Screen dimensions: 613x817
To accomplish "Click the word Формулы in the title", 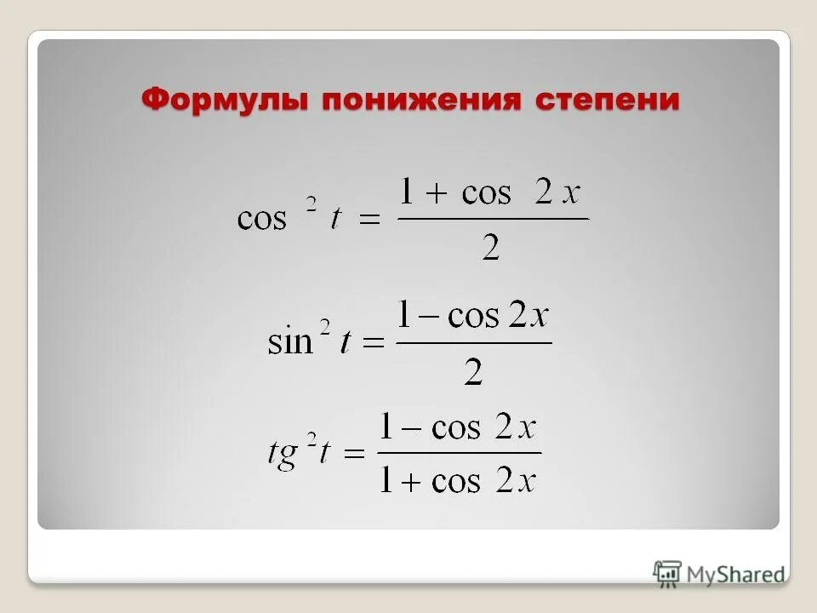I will [225, 100].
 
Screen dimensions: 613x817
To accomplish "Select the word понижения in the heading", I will [421, 100].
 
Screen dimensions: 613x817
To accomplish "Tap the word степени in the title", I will [608, 100].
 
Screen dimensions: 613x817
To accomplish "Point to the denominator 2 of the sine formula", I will [473, 372].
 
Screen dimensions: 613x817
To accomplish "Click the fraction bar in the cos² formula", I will [493, 219].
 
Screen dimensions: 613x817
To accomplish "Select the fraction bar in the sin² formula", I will [474, 344].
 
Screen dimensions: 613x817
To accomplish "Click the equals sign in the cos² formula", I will [369, 219].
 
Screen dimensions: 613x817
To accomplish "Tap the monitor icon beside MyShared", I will [668, 573].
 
